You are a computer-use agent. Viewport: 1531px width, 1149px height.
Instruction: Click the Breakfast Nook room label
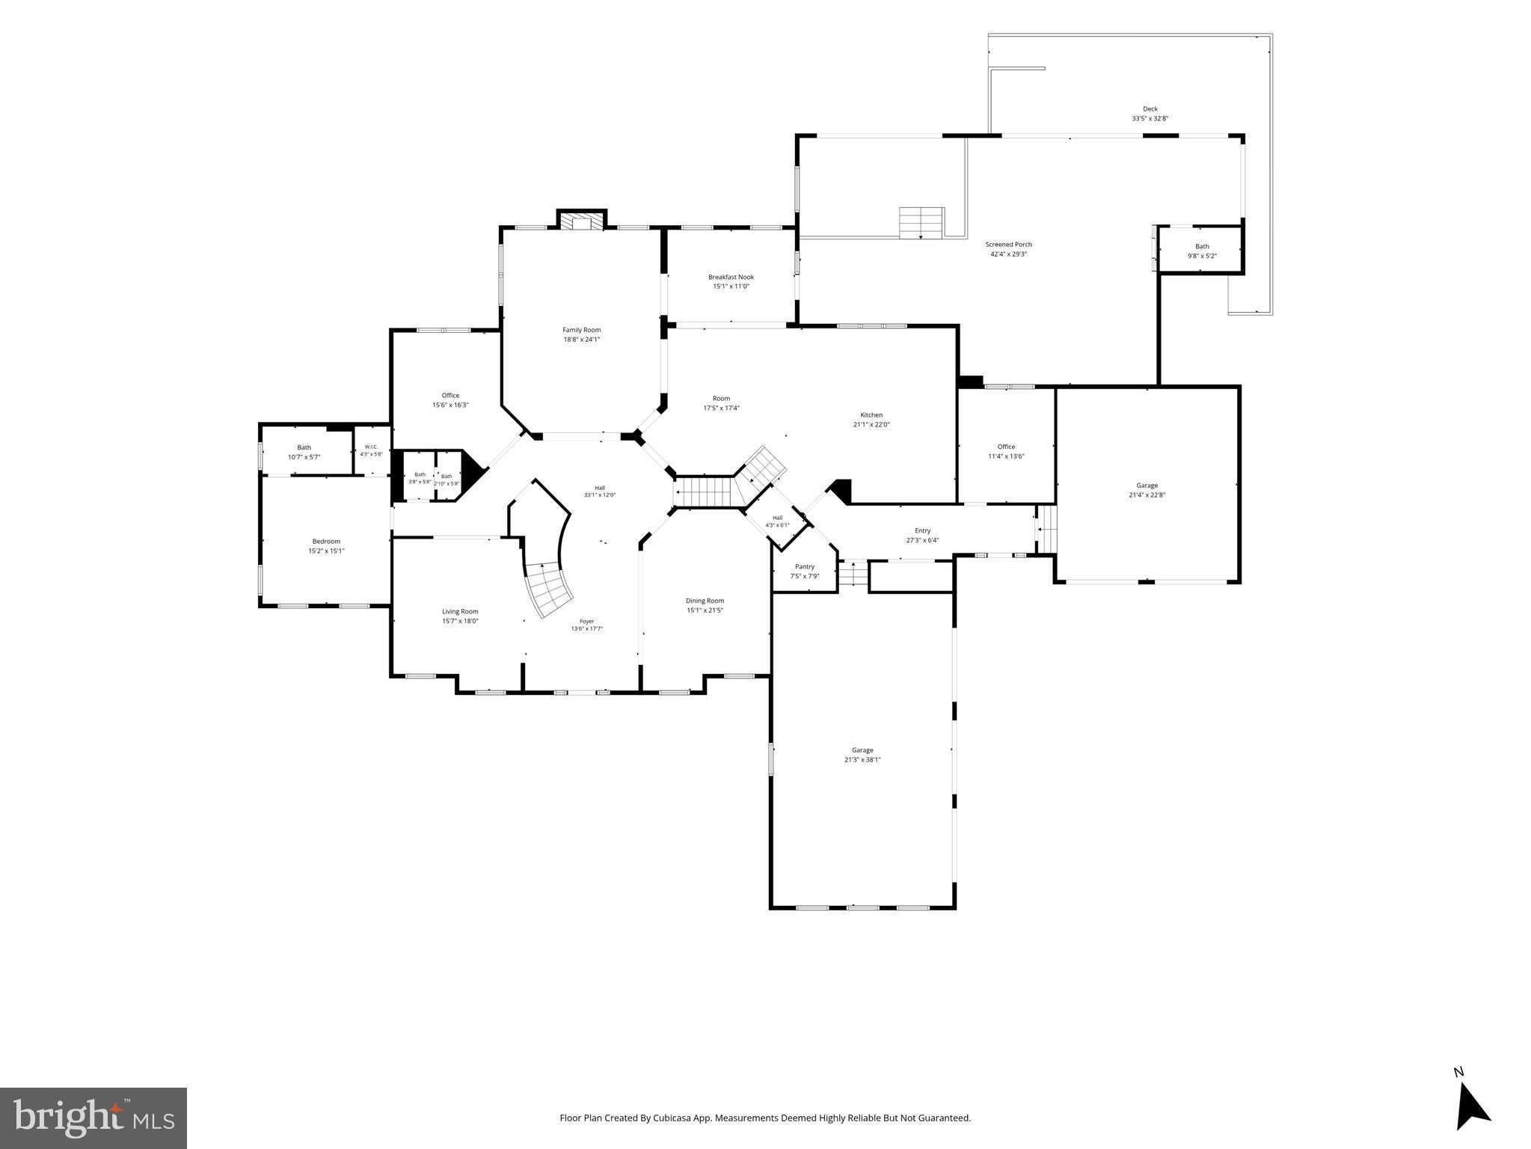pos(731,277)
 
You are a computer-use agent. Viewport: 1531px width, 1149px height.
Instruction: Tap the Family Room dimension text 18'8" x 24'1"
pos(581,340)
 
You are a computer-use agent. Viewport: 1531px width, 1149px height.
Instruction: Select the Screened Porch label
pos(1008,245)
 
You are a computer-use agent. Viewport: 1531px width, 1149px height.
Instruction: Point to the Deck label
pos(1150,109)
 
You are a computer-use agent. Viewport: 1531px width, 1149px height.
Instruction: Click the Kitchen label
pos(871,415)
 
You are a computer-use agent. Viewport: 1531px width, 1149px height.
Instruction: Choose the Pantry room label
pos(805,567)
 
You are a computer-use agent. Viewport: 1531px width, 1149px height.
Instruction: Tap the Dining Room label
pos(705,601)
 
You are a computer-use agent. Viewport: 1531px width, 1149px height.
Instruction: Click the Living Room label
pos(460,611)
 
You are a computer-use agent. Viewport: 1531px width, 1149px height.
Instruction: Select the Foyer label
pos(587,621)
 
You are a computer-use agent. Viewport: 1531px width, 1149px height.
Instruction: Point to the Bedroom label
pos(326,542)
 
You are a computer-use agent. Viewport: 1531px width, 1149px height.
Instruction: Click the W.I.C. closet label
pos(371,447)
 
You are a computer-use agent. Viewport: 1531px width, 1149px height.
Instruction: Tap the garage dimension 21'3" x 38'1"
pos(862,760)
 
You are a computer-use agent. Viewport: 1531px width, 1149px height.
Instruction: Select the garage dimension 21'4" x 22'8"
pos(1147,495)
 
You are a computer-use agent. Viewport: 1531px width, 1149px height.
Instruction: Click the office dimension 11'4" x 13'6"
pos(1006,456)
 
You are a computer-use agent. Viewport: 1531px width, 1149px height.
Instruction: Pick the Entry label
pos(922,531)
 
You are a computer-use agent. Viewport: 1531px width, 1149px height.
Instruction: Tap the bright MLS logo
pos(93,1118)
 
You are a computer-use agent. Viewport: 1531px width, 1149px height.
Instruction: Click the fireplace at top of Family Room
pos(581,221)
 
